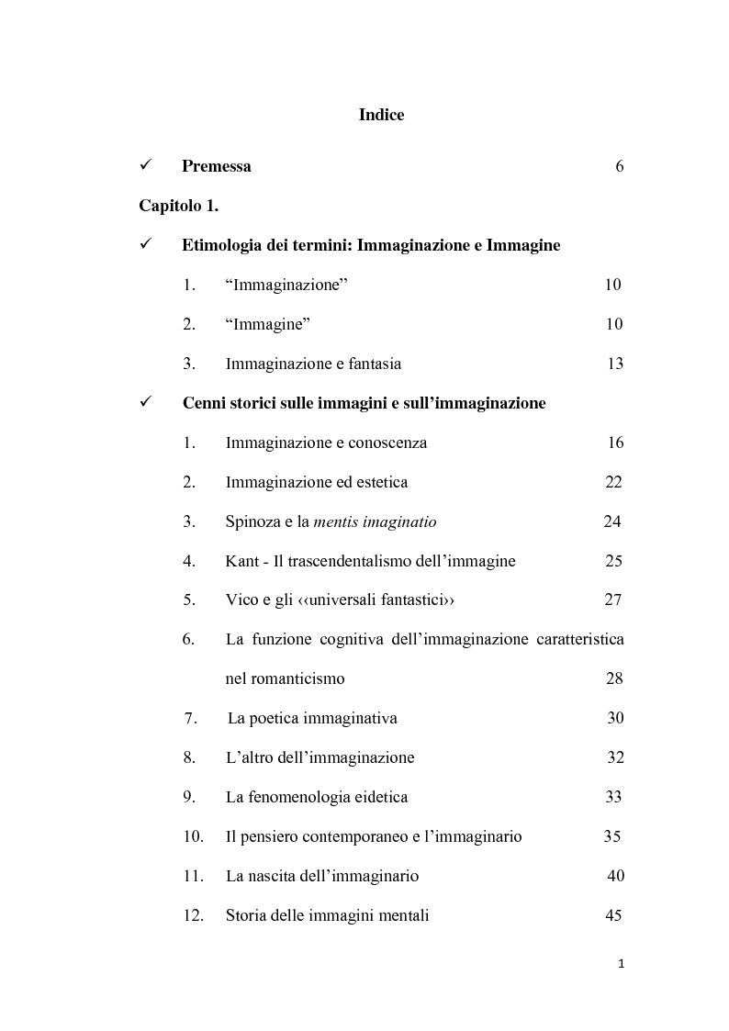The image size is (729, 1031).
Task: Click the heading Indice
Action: [x=381, y=115]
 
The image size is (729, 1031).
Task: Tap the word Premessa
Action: [x=216, y=166]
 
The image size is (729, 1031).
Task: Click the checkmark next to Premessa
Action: [x=145, y=166]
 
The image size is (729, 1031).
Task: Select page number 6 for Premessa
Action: [x=620, y=166]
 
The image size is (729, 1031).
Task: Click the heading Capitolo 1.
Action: [x=179, y=206]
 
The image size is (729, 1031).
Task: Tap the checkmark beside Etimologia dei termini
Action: [x=145, y=245]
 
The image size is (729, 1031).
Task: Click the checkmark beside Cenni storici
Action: [x=145, y=403]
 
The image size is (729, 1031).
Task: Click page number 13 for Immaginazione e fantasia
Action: [x=615, y=364]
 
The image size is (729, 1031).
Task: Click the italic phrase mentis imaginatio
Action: [x=375, y=521]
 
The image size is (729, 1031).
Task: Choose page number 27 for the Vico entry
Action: [x=613, y=600]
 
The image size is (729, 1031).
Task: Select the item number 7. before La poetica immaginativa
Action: [x=190, y=718]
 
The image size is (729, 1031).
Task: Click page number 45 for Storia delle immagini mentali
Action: [x=613, y=915]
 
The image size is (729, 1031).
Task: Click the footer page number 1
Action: [x=622, y=964]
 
